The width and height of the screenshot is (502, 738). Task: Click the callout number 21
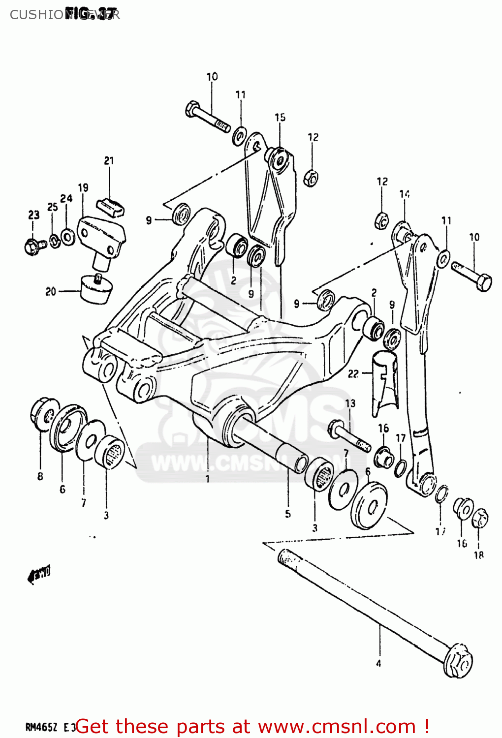pyautogui.click(x=109, y=160)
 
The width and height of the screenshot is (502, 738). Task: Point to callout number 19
pyautogui.click(x=83, y=187)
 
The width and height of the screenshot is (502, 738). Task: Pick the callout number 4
pyautogui.click(x=378, y=664)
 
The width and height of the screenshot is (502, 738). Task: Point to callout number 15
pyautogui.click(x=280, y=117)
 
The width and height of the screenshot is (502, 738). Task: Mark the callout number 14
pyautogui.click(x=405, y=194)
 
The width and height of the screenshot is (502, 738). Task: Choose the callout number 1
pyautogui.click(x=208, y=479)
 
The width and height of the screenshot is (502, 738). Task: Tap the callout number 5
pyautogui.click(x=288, y=514)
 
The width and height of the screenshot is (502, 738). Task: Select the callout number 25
pyautogui.click(x=52, y=207)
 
